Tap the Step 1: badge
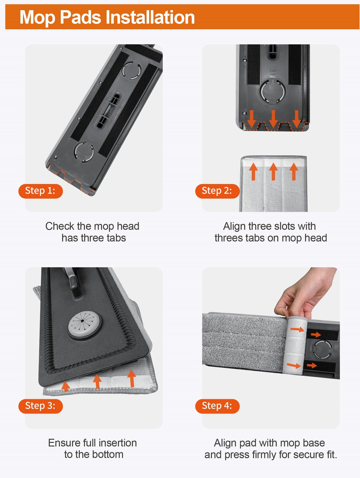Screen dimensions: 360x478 click(41, 191)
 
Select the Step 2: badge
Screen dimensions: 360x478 click(217, 191)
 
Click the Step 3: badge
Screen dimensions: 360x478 click(41, 406)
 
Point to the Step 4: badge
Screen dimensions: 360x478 click(217, 406)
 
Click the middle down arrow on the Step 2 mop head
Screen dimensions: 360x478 click(273, 119)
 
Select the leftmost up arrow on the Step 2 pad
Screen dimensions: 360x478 click(253, 172)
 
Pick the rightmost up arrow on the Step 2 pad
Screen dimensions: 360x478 click(294, 172)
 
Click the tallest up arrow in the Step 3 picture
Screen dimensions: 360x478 click(131, 378)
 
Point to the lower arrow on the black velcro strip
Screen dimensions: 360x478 click(312, 365)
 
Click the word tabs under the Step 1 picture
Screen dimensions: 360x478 click(116, 238)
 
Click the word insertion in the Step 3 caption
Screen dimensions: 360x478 click(117, 443)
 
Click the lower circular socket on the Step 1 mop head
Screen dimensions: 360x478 click(84, 152)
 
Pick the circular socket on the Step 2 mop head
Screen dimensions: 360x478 click(272, 91)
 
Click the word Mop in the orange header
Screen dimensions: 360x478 click(37, 18)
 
